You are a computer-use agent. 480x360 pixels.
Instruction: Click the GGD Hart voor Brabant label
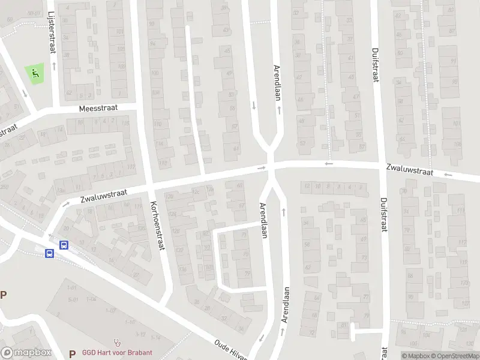(118, 353)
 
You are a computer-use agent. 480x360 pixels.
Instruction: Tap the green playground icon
(35, 74)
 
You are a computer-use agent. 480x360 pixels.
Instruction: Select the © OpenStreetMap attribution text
(454, 356)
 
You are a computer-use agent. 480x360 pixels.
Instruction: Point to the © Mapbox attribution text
(415, 356)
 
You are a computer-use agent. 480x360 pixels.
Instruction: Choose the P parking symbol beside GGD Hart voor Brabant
(73, 353)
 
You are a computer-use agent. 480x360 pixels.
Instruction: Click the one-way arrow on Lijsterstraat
(54, 64)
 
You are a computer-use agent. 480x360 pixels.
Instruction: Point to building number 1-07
(110, 310)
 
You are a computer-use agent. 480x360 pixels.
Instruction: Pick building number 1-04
(91, 299)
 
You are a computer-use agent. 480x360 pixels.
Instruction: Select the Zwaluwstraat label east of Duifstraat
(409, 170)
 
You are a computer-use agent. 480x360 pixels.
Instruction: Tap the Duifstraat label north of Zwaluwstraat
(376, 67)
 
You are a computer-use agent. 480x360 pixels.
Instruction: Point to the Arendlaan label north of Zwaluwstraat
(277, 83)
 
